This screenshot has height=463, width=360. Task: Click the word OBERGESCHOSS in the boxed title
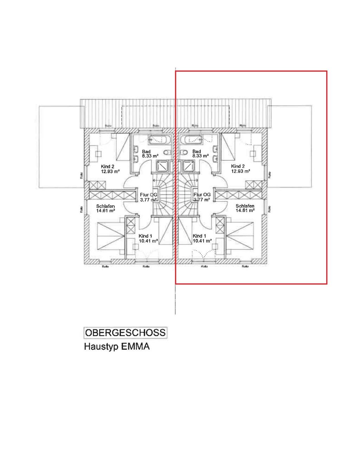click(x=126, y=333)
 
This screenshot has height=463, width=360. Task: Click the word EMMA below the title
click(x=135, y=347)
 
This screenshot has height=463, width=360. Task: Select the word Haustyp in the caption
click(x=101, y=347)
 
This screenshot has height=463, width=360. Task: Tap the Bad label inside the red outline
click(x=197, y=152)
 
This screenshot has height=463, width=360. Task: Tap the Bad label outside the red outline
click(x=146, y=152)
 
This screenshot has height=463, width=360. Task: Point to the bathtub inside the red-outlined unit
click(x=191, y=140)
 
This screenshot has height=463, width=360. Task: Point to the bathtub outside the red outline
click(x=160, y=140)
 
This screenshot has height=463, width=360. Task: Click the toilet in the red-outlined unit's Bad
click(x=184, y=152)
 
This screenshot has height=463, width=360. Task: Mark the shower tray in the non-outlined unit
click(x=163, y=166)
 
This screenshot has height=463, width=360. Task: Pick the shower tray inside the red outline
click(x=189, y=166)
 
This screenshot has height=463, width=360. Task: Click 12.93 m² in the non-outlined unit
click(x=110, y=172)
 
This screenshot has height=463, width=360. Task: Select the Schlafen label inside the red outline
click(x=245, y=206)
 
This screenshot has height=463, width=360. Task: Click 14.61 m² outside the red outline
click(x=106, y=211)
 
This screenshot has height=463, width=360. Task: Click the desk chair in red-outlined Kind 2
click(x=252, y=153)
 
